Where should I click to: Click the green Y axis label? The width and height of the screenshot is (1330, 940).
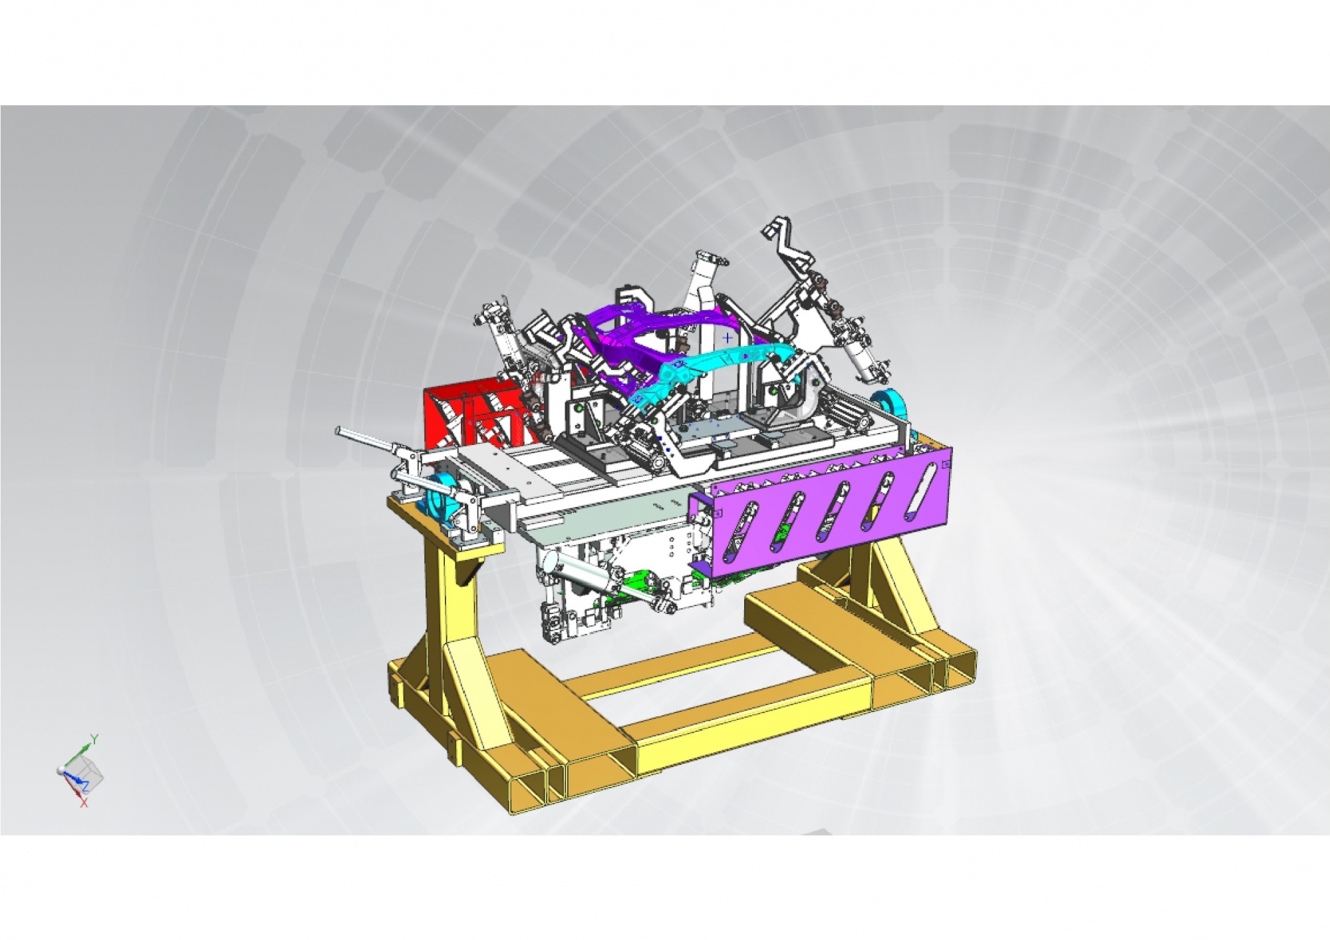(94, 739)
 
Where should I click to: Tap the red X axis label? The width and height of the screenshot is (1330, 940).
(84, 804)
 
